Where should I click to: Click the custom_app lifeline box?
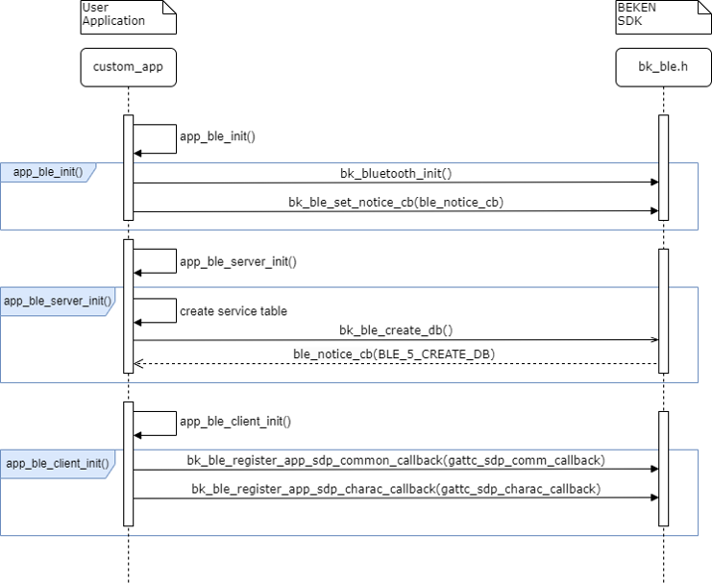[x=128, y=67]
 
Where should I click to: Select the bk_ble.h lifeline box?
[x=663, y=67]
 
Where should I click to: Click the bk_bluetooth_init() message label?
[x=396, y=174]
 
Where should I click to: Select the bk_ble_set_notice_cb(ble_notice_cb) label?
[x=396, y=203]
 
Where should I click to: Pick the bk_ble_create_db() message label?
[x=396, y=330]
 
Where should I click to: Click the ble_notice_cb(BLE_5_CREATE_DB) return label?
[x=396, y=354]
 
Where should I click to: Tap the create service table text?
[x=233, y=311]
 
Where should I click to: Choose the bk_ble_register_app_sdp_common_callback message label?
[x=396, y=460]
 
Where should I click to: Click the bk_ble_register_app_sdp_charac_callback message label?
[x=396, y=489]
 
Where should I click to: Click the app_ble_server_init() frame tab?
[x=57, y=301]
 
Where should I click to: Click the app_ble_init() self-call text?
[x=217, y=136]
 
